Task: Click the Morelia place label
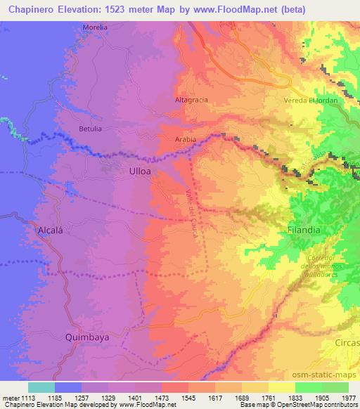click(x=95, y=27)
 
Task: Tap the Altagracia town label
click(x=191, y=100)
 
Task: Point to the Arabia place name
click(x=185, y=139)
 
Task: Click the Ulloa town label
click(x=140, y=171)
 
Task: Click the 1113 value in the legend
click(x=21, y=397)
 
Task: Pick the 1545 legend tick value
click(x=188, y=397)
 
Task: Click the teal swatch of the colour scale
click(x=41, y=387)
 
